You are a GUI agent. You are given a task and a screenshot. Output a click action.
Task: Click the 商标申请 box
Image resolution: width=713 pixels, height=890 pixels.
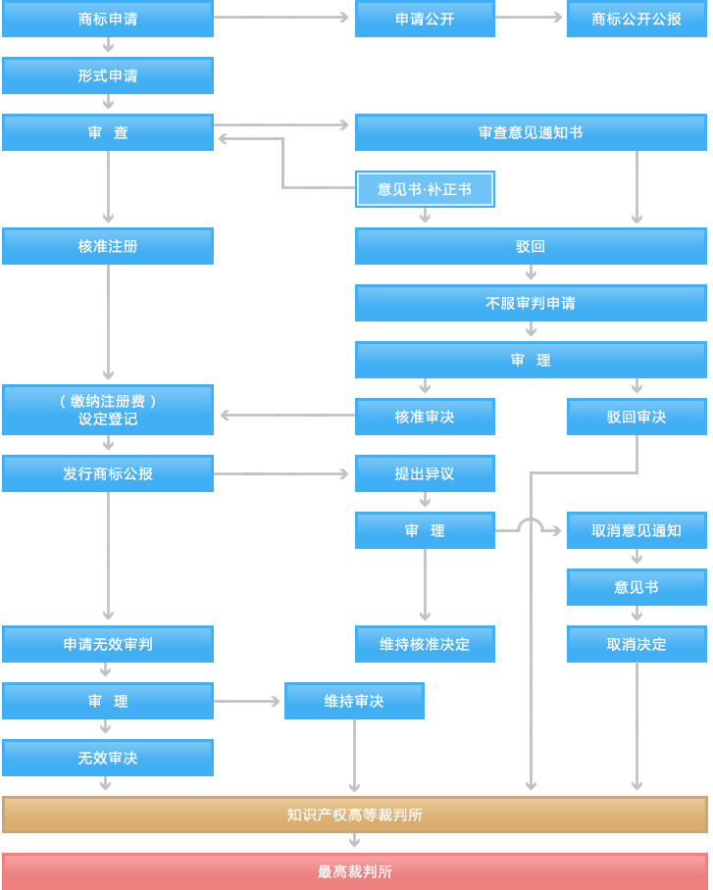point(108,19)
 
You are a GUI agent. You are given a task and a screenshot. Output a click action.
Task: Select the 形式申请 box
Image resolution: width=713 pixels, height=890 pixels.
point(108,75)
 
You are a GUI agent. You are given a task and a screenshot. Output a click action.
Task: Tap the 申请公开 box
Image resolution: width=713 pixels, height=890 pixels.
point(425,19)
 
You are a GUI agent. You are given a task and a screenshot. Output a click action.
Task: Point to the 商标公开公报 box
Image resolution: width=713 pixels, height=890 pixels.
point(637,19)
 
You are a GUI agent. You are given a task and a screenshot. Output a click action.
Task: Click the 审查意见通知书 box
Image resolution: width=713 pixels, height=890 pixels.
point(531,132)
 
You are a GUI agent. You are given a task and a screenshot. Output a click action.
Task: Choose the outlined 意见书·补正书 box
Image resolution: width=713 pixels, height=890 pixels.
point(425,189)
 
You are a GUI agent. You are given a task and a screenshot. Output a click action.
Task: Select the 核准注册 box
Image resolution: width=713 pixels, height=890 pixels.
point(108,246)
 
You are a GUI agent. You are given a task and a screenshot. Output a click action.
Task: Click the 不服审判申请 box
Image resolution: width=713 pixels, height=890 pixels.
point(531,303)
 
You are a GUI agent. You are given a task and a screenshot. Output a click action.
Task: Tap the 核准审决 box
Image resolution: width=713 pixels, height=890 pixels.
point(425,417)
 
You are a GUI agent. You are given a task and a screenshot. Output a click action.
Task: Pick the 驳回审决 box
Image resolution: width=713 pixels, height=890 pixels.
point(637,417)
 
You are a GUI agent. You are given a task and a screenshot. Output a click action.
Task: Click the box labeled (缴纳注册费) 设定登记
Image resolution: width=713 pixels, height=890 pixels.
point(108,410)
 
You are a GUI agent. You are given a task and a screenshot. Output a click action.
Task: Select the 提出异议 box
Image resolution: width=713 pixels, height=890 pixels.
point(425,473)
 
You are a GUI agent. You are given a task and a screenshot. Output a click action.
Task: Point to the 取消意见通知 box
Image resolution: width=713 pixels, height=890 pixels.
point(637,530)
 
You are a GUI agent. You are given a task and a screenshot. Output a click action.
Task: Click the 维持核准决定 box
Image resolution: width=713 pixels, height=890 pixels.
point(425,644)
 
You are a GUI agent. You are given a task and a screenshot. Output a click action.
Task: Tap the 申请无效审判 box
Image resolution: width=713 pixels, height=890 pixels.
point(108,644)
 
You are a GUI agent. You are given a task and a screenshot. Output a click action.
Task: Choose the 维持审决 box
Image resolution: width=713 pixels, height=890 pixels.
point(354,701)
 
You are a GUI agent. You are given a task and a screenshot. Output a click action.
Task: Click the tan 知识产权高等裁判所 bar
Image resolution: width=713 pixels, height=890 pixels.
point(354,815)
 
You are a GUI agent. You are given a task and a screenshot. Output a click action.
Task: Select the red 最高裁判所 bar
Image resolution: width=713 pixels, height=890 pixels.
point(354,871)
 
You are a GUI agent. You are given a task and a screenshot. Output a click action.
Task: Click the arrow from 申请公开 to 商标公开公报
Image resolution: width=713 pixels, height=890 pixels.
point(530,18)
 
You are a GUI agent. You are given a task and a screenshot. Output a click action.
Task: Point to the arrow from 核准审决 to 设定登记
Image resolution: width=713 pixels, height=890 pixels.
point(284,416)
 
